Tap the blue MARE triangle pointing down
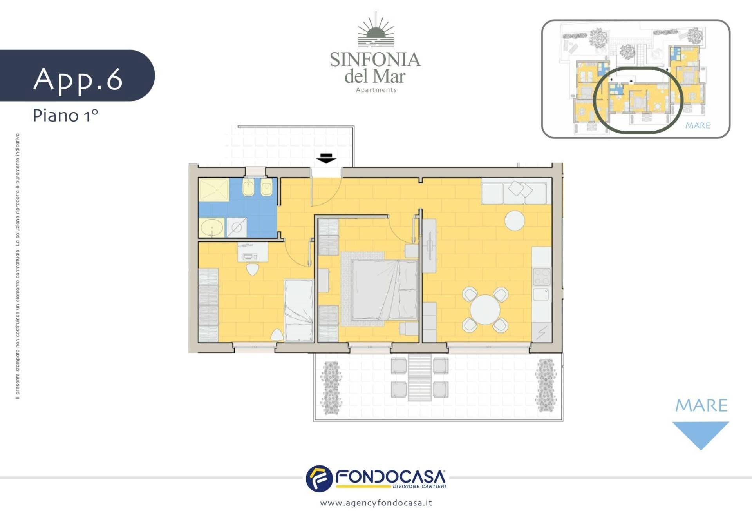tap(700, 434)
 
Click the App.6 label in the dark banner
tap(78, 80)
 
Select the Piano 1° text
tap(65, 116)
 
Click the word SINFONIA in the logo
tap(375, 60)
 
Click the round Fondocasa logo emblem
tap(319, 479)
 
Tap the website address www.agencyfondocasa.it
tap(376, 503)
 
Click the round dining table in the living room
tap(485, 310)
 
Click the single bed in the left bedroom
tap(298, 310)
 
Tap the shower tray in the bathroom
tap(213, 190)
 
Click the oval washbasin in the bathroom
tap(212, 228)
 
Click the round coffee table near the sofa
tap(515, 221)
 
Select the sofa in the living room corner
tap(514, 191)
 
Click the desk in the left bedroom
tap(253, 252)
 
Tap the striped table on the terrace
tap(419, 377)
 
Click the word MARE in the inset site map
tap(698, 125)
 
